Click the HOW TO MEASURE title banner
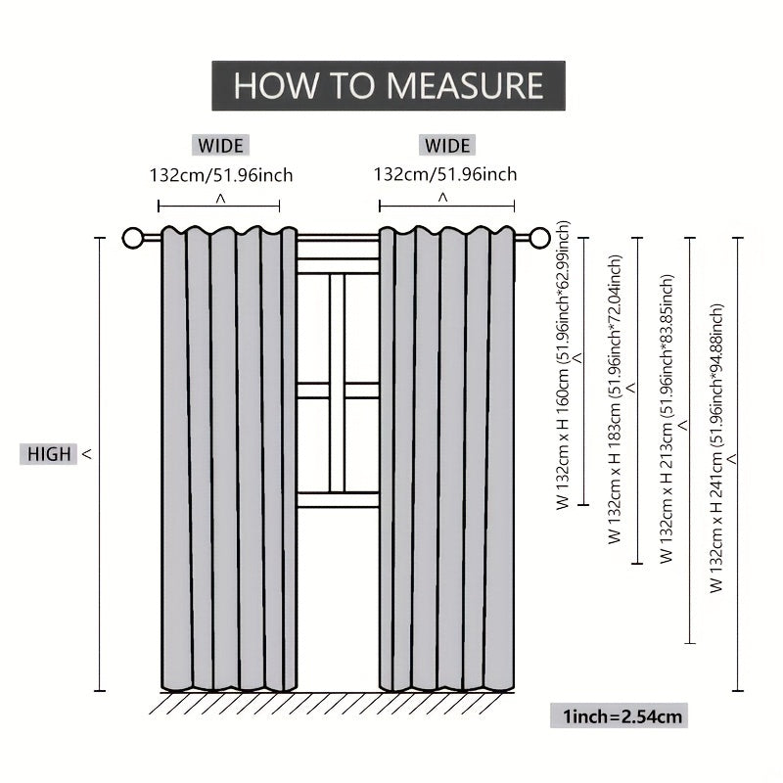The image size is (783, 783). point(389,85)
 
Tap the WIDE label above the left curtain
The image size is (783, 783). point(220,146)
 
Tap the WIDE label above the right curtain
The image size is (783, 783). point(446,146)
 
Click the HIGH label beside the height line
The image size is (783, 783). point(49,454)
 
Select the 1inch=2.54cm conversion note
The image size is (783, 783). point(622,716)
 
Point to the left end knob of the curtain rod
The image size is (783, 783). point(133,238)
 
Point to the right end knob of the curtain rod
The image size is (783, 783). point(539,237)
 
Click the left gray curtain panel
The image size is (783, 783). point(229,460)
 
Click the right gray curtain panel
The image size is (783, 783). point(446,460)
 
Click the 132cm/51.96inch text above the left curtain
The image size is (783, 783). point(220,175)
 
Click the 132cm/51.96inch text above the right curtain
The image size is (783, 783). point(445,175)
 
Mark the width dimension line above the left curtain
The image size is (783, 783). point(219,207)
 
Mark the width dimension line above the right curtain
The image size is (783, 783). point(446,207)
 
